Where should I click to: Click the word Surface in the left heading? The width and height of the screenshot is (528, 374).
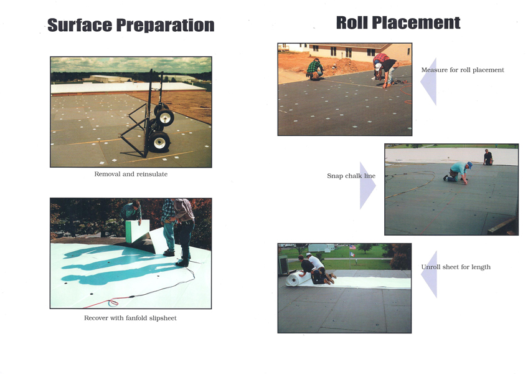pos(80,25)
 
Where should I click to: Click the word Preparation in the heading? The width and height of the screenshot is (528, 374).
pos(165,26)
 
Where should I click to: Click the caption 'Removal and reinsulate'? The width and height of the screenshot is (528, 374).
pos(131,174)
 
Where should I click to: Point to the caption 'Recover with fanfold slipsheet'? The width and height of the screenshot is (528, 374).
pos(130,318)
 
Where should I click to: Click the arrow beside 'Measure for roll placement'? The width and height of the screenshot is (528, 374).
pos(428,81)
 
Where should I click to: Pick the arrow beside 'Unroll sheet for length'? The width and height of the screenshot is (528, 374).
pos(429,274)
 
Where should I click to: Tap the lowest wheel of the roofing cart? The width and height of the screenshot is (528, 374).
pos(159,141)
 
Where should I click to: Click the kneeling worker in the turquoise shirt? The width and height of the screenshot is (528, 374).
pos(457,173)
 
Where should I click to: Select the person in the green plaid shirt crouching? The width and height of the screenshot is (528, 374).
pos(315,69)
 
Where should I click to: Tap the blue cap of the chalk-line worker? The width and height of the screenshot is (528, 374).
pos(469,165)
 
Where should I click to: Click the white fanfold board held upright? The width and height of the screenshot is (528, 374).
pos(137,231)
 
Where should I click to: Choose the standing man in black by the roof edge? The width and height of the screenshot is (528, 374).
pos(488,157)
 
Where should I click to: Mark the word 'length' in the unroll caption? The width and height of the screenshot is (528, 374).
pos(481,267)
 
